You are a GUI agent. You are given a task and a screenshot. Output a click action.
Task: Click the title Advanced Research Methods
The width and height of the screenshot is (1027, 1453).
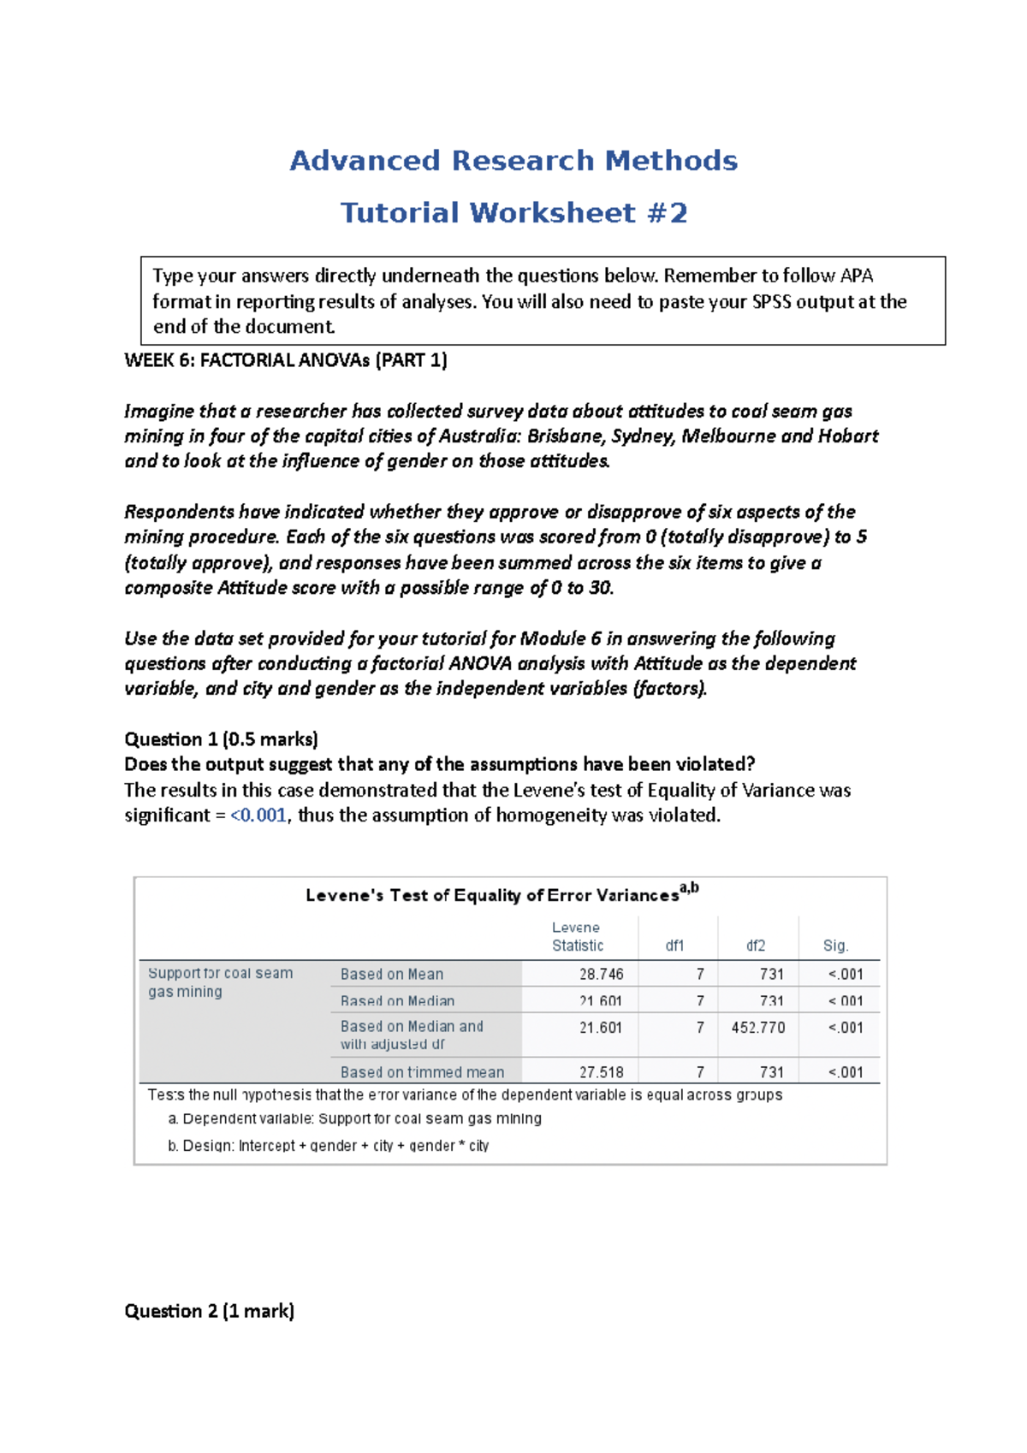click(x=513, y=161)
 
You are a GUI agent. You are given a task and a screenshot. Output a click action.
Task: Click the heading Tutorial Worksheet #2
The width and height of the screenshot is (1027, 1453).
click(x=513, y=213)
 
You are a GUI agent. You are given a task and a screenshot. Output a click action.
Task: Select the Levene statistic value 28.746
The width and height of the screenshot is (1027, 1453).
click(x=601, y=974)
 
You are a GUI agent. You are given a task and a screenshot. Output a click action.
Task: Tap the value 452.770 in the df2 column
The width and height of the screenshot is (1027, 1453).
click(x=757, y=1027)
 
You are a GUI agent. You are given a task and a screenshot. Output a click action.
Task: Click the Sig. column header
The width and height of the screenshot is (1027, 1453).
click(x=835, y=946)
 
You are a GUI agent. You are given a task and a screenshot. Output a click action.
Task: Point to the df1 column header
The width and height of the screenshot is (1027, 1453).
click(x=674, y=946)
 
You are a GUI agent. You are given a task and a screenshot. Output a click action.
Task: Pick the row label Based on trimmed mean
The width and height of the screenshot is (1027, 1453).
click(x=422, y=1072)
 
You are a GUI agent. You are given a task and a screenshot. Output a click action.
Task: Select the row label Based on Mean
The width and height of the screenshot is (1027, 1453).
click(x=392, y=974)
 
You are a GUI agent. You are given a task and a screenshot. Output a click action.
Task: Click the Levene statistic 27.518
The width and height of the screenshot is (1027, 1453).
click(x=601, y=1072)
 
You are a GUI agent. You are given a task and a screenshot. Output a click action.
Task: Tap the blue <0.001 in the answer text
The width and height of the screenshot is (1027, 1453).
click(x=258, y=815)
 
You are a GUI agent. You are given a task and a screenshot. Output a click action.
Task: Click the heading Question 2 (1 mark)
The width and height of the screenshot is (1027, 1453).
click(x=209, y=1311)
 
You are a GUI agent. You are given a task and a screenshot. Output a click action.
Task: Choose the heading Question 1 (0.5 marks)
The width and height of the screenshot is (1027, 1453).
click(x=221, y=739)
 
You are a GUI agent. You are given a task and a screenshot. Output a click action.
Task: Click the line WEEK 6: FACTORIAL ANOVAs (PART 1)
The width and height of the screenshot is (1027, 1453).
click(x=286, y=360)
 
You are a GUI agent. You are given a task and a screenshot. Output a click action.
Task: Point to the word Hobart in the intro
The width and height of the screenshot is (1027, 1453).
click(x=848, y=436)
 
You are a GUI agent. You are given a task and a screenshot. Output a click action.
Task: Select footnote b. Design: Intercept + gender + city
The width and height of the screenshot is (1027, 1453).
click(x=329, y=1146)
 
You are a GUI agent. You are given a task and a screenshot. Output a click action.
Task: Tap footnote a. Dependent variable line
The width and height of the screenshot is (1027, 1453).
click(x=355, y=1118)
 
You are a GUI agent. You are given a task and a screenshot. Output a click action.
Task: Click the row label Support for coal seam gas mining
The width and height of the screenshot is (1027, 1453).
click(x=220, y=982)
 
